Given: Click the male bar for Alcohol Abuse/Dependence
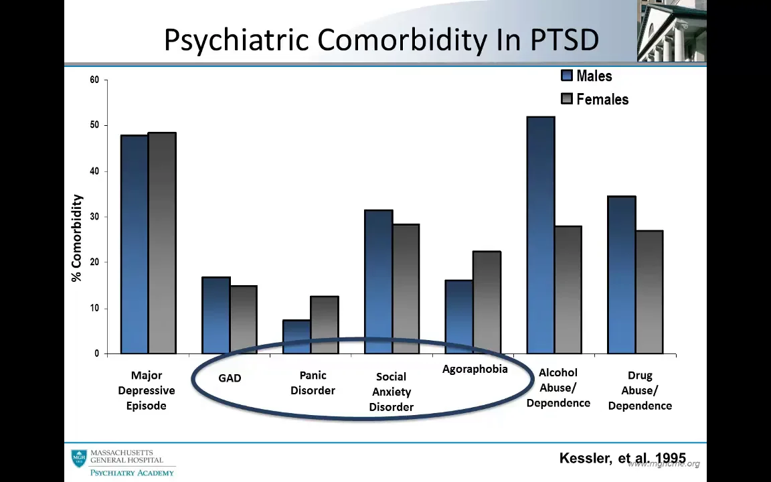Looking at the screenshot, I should click(540, 234).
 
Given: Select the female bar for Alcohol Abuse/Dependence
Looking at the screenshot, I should click(568, 289).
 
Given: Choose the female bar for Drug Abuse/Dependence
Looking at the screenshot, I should click(649, 291).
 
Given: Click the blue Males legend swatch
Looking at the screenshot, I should click(567, 76).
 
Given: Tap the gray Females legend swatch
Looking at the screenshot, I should click(567, 99).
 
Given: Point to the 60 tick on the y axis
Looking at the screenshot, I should click(94, 80).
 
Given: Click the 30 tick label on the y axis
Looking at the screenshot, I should click(94, 217).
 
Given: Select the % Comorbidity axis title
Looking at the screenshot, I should click(77, 238).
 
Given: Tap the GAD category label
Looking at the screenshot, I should click(230, 378).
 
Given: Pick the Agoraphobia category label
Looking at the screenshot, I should click(475, 370).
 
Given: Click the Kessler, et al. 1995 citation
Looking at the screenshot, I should click(622, 459).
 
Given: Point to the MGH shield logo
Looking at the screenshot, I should click(79, 459).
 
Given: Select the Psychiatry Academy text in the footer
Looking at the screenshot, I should click(132, 472).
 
